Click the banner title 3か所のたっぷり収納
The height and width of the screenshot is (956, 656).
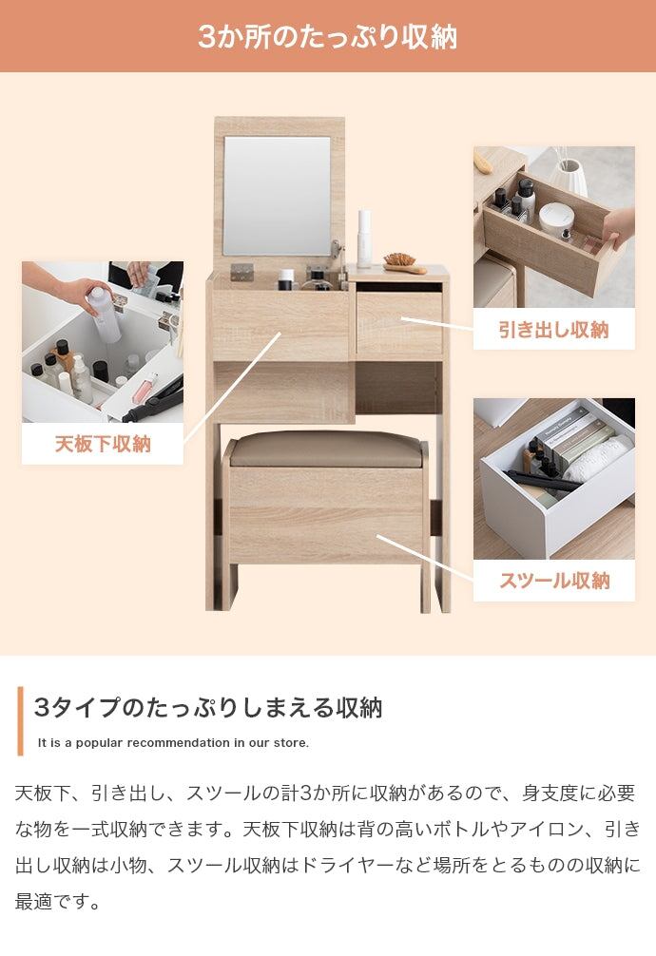[328, 36]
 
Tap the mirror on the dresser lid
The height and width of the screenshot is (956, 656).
[277, 196]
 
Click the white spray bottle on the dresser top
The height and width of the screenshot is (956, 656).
[364, 239]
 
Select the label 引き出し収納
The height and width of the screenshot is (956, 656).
[554, 330]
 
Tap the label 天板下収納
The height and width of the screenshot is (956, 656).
[103, 444]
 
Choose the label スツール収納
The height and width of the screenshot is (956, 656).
[554, 581]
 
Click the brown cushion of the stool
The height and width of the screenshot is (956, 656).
[324, 449]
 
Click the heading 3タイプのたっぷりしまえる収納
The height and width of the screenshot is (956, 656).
[208, 707]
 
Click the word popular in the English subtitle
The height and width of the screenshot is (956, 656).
[99, 743]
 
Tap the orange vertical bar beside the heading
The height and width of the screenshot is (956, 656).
[20, 721]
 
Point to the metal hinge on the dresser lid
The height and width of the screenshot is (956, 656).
[242, 272]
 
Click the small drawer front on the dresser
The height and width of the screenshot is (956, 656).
[399, 324]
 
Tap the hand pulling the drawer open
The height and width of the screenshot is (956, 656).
[619, 227]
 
